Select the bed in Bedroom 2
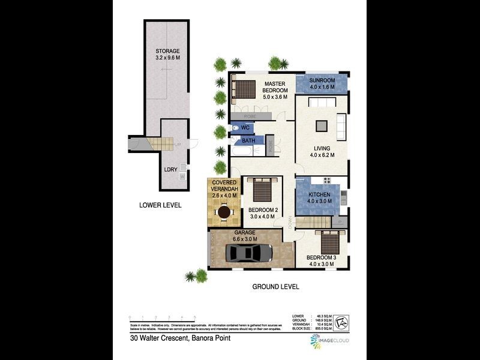point(262,191)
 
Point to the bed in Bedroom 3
point(331,242)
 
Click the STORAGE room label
point(167,51)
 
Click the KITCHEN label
point(319,196)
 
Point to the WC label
point(245,128)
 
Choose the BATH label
point(248,141)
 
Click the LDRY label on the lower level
point(171,170)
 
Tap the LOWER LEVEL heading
point(160,205)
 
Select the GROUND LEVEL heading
point(275,287)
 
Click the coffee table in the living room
point(322,125)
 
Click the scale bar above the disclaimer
point(163,318)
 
